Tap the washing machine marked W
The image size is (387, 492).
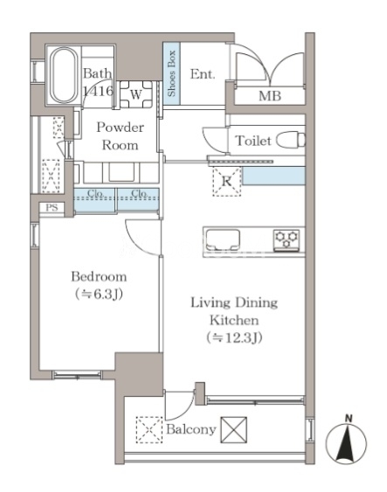click(x=136, y=94)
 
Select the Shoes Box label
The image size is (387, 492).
click(x=171, y=73)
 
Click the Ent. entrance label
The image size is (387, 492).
click(x=203, y=74)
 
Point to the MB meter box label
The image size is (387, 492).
click(x=269, y=96)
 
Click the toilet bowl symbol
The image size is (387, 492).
click(x=291, y=140)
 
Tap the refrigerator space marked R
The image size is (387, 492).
click(x=227, y=182)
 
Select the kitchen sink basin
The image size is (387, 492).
click(x=223, y=240)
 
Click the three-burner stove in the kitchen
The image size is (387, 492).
click(x=286, y=240)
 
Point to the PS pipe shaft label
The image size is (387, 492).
click(x=52, y=208)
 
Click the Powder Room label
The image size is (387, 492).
click(x=120, y=136)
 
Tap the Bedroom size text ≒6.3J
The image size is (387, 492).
click(x=99, y=295)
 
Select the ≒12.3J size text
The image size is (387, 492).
click(x=234, y=337)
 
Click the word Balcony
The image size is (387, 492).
click(x=191, y=429)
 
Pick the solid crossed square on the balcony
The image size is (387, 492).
click(x=233, y=430)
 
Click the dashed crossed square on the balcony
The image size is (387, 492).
click(x=149, y=430)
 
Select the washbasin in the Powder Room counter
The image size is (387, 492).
click(x=120, y=172)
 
